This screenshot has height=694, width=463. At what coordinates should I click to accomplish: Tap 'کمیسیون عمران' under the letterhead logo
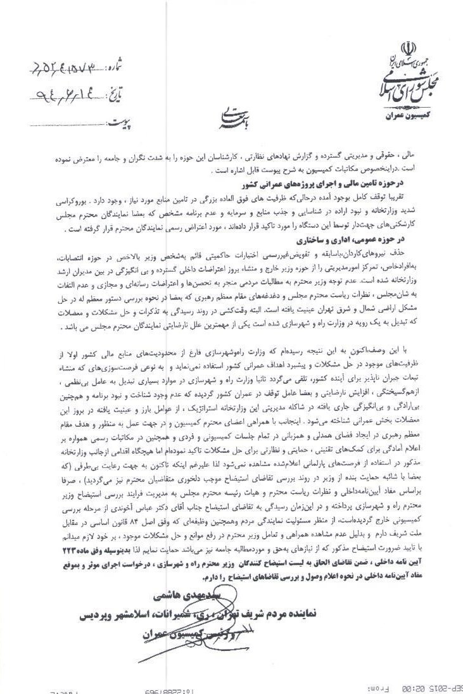[x=408, y=117]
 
